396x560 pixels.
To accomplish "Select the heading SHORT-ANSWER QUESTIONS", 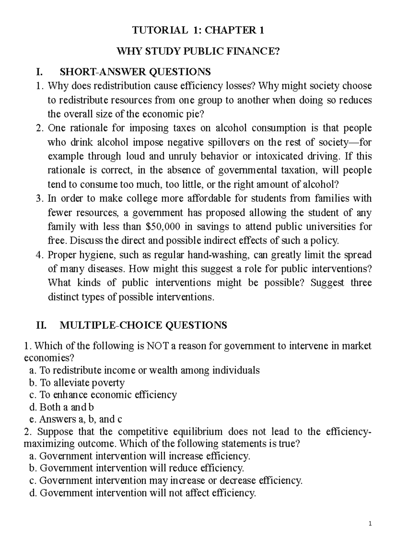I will click(135, 71).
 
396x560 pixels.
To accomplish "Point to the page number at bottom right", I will click(371, 523).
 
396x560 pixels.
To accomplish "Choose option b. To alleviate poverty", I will click(77, 383).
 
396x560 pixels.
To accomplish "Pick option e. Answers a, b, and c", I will click(76, 419).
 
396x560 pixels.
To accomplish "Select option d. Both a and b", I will click(62, 407).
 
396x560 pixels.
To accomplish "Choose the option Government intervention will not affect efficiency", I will click(143, 493).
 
